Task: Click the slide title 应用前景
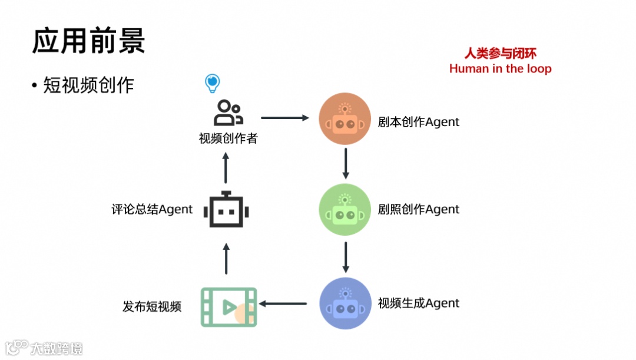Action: tap(88, 41)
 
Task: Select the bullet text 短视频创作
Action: tap(88, 85)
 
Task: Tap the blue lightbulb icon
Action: tap(212, 84)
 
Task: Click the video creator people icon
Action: tap(228, 113)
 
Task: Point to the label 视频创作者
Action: tap(228, 139)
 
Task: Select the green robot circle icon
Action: tap(345, 209)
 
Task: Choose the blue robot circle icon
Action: tap(345, 303)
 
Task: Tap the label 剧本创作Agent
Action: tap(418, 122)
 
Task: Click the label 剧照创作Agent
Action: tap(418, 209)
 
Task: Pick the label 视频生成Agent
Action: tap(418, 303)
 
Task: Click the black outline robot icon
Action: tap(227, 210)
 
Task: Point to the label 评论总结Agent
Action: tap(152, 209)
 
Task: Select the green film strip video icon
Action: tap(228, 306)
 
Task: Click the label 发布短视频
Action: tap(152, 306)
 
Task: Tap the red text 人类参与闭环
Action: tap(501, 54)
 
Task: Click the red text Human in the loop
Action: tap(501, 68)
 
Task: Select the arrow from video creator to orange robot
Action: tap(285, 118)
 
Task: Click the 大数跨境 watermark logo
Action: tap(44, 348)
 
